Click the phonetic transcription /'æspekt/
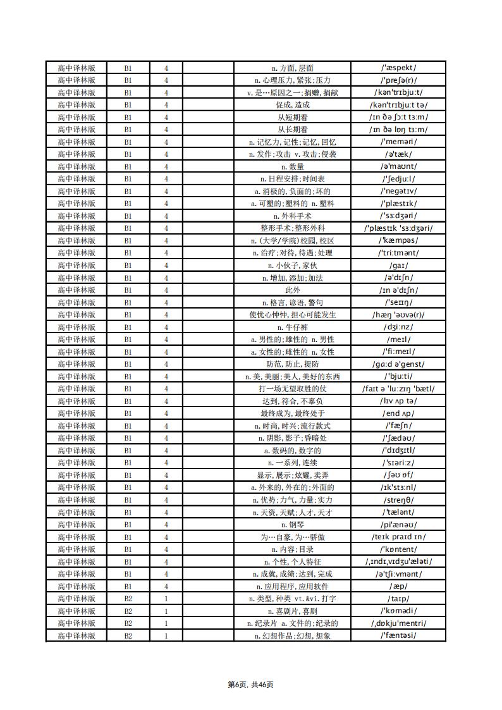click(x=398, y=68)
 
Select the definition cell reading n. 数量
click(x=292, y=166)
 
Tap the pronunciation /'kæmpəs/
click(x=398, y=240)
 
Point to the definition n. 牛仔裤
click(x=292, y=327)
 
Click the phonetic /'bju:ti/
click(x=398, y=376)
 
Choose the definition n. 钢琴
click(x=292, y=524)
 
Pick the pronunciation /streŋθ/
click(x=398, y=499)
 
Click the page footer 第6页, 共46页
click(x=251, y=684)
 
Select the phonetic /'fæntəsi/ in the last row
click(x=398, y=635)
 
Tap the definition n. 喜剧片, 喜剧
click(x=292, y=611)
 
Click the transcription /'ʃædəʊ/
click(x=398, y=438)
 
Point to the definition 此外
click(x=292, y=290)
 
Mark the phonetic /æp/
click(x=398, y=586)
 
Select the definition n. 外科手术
click(x=292, y=216)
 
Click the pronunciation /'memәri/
click(x=398, y=142)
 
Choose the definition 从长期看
click(x=292, y=130)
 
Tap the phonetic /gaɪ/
click(x=398, y=265)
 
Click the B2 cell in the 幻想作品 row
click(x=128, y=635)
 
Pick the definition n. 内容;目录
click(x=292, y=549)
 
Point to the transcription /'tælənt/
click(x=398, y=512)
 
